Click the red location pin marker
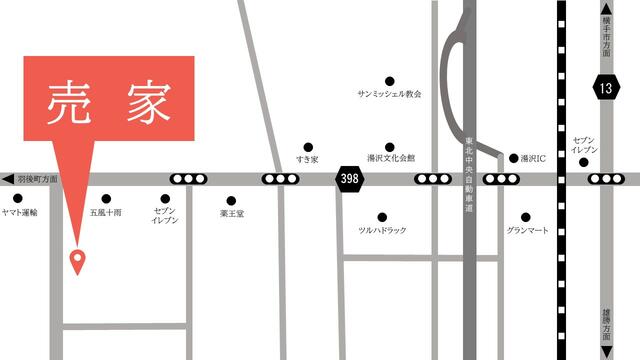(77, 260)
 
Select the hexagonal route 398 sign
(349, 178)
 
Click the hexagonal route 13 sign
(604, 87)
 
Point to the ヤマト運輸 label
(20, 213)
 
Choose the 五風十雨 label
(105, 213)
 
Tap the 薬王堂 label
(232, 213)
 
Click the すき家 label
(307, 160)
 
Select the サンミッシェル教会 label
(389, 94)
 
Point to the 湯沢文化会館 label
(390, 159)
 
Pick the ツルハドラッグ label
(382, 231)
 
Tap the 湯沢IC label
(528, 158)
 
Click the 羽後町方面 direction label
(38, 178)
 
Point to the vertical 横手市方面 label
(606, 35)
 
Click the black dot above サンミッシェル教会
(389, 80)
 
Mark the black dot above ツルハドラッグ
(382, 216)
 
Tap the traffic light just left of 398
(280, 179)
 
